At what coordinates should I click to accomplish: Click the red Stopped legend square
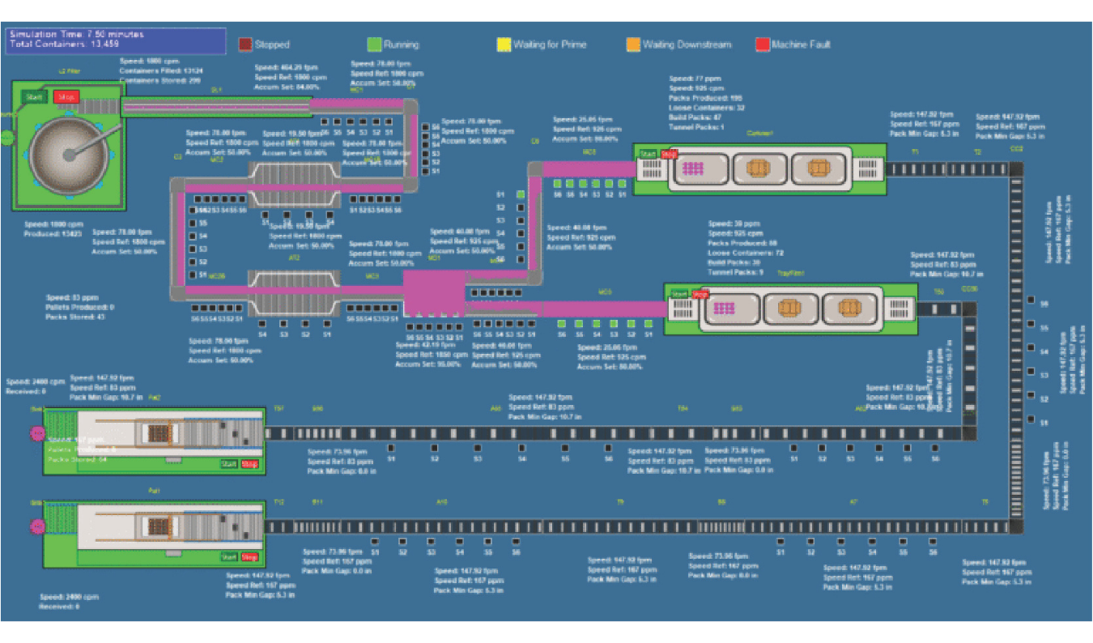[245, 45]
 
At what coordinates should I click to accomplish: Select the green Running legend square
[374, 45]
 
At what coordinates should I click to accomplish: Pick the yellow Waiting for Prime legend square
[504, 45]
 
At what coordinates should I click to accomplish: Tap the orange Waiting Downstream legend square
[633, 45]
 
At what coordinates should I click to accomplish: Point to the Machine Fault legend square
[762, 45]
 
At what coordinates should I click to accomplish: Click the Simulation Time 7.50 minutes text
[77, 35]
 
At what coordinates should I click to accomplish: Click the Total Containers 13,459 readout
[65, 45]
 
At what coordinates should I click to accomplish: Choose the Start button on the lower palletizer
[229, 557]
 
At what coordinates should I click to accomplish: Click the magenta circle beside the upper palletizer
[36, 434]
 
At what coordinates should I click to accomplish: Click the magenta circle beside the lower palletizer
[36, 527]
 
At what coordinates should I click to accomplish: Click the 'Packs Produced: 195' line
[705, 97]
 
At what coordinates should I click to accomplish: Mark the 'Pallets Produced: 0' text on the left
[80, 307]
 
